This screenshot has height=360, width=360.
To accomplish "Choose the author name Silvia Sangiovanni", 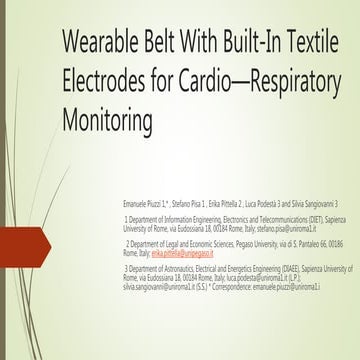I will click(x=325, y=203).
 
